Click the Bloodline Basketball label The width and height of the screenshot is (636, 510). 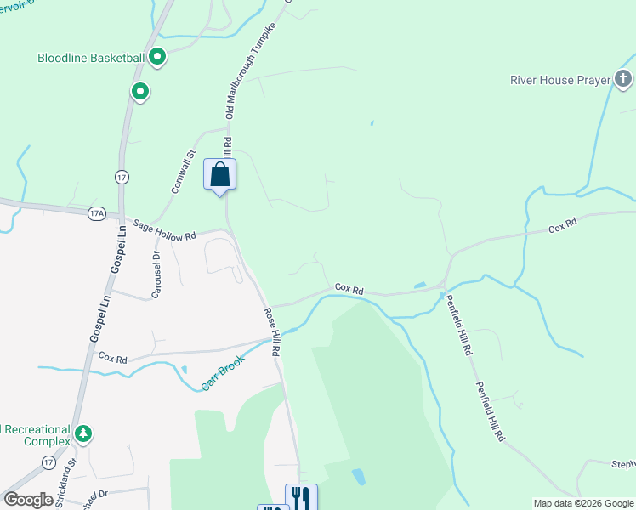tap(90, 58)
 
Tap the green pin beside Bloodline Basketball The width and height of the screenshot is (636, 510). tap(157, 58)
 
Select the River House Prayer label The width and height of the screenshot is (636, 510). tap(560, 80)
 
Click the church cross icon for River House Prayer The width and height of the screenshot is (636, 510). tap(623, 81)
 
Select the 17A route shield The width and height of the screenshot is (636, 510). tap(95, 214)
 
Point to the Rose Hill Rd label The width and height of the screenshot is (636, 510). tap(273, 331)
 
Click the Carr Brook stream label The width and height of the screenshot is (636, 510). tap(223, 372)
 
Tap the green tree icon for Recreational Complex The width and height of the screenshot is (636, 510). tap(82, 434)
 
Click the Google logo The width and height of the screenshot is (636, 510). tap(28, 500)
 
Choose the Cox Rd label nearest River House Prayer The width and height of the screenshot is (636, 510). tap(563, 228)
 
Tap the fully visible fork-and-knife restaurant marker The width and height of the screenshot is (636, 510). tap(300, 496)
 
